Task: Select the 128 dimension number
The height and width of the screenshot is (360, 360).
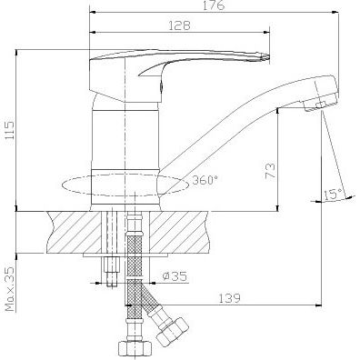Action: (180, 25)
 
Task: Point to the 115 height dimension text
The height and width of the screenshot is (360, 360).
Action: (10, 130)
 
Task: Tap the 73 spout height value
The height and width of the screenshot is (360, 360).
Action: (271, 171)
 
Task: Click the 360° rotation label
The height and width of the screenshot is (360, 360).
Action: (205, 181)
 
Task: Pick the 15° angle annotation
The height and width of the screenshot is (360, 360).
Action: (333, 195)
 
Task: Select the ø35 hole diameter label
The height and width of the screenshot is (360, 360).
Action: (175, 276)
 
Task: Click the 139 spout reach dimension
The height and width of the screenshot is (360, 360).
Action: (229, 298)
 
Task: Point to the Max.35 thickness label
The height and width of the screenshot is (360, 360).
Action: (11, 289)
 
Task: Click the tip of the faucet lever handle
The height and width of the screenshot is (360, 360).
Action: (269, 56)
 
